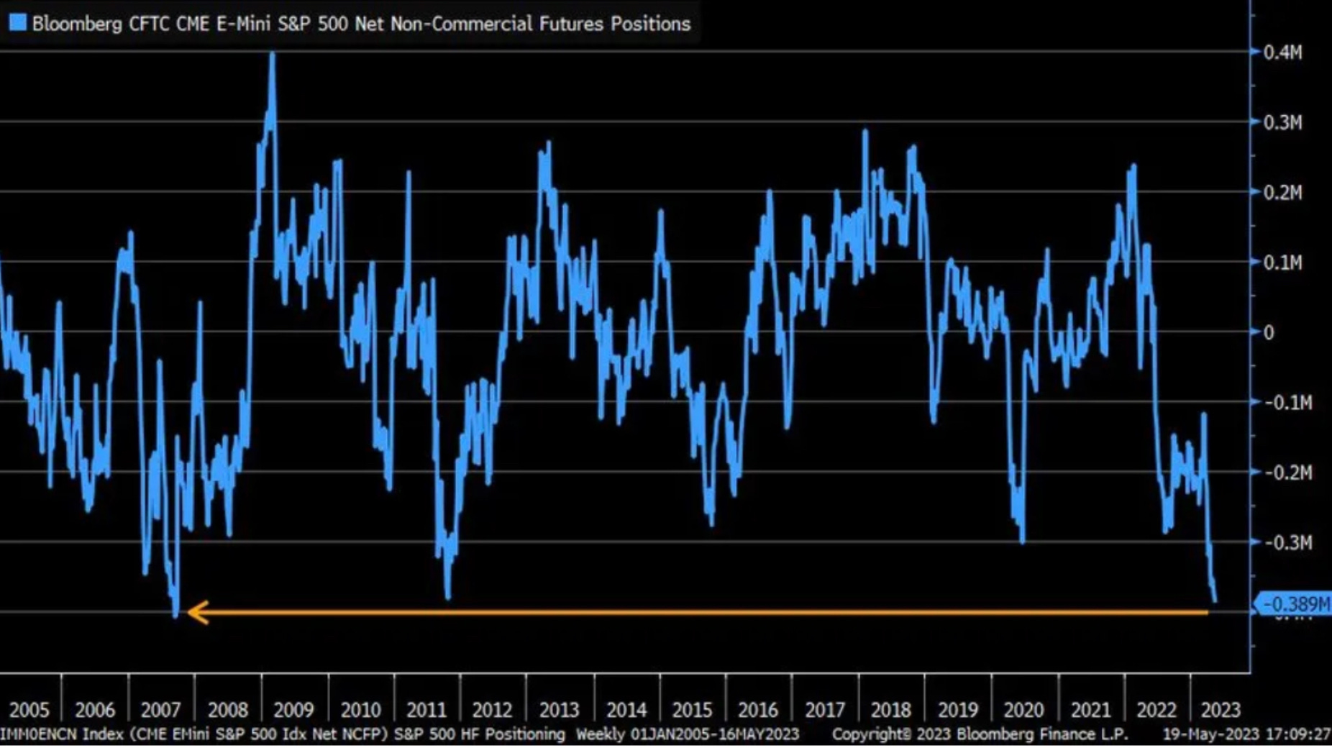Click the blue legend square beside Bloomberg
pyautogui.click(x=17, y=23)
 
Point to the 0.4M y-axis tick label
pyautogui.click(x=1283, y=53)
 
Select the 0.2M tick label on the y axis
pyautogui.click(x=1283, y=193)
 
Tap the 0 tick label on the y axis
pyautogui.click(x=1269, y=332)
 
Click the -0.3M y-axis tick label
pyautogui.click(x=1287, y=542)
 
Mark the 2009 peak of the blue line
pyautogui.click(x=272, y=55)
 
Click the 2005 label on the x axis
pyautogui.click(x=29, y=710)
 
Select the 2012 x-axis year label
pyautogui.click(x=492, y=710)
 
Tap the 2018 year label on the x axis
pyautogui.click(x=890, y=710)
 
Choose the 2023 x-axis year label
pyautogui.click(x=1221, y=710)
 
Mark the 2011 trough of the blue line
pyautogui.click(x=447, y=597)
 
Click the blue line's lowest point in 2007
pyautogui.click(x=175, y=615)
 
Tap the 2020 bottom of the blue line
pyautogui.click(x=1022, y=541)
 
